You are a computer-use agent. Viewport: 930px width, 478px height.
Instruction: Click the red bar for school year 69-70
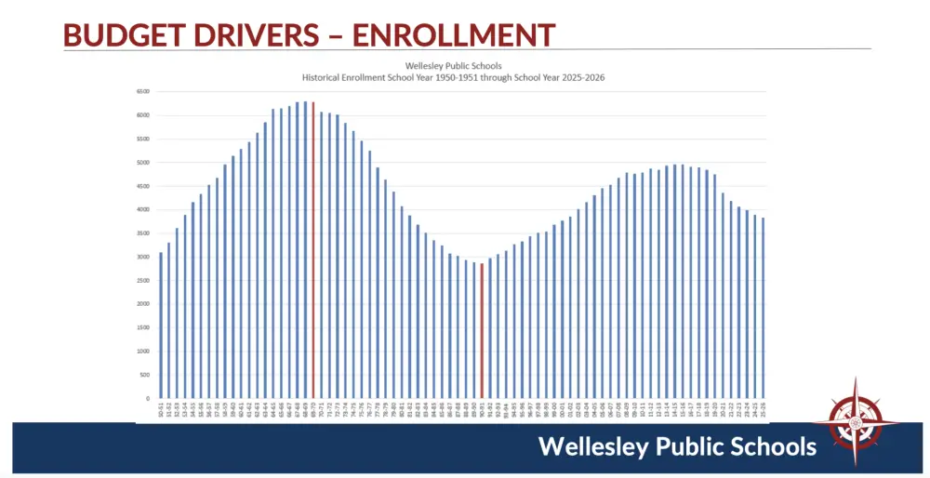point(313,251)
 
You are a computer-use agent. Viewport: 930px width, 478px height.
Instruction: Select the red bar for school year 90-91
point(482,331)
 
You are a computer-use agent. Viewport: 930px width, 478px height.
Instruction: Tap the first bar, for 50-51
point(161,325)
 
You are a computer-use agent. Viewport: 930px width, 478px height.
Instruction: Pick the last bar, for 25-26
point(763,308)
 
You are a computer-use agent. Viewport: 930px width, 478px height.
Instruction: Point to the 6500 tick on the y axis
point(142,91)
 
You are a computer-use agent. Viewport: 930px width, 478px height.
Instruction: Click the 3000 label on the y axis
point(142,257)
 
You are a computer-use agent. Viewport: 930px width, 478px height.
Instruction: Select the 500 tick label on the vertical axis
point(144,375)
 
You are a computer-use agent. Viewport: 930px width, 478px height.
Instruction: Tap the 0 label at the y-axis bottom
point(147,398)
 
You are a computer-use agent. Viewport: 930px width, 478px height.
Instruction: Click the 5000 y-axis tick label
point(142,163)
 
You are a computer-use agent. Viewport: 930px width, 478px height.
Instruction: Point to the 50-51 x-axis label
point(161,409)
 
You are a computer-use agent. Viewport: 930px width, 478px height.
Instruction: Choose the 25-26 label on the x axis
point(763,409)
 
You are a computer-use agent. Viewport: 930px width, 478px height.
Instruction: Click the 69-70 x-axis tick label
point(313,409)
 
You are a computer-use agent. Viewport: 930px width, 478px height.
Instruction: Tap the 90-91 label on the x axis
point(482,409)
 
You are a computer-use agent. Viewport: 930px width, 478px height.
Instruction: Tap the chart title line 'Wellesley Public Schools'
point(453,66)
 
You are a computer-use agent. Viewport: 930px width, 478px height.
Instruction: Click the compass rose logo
point(854,422)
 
